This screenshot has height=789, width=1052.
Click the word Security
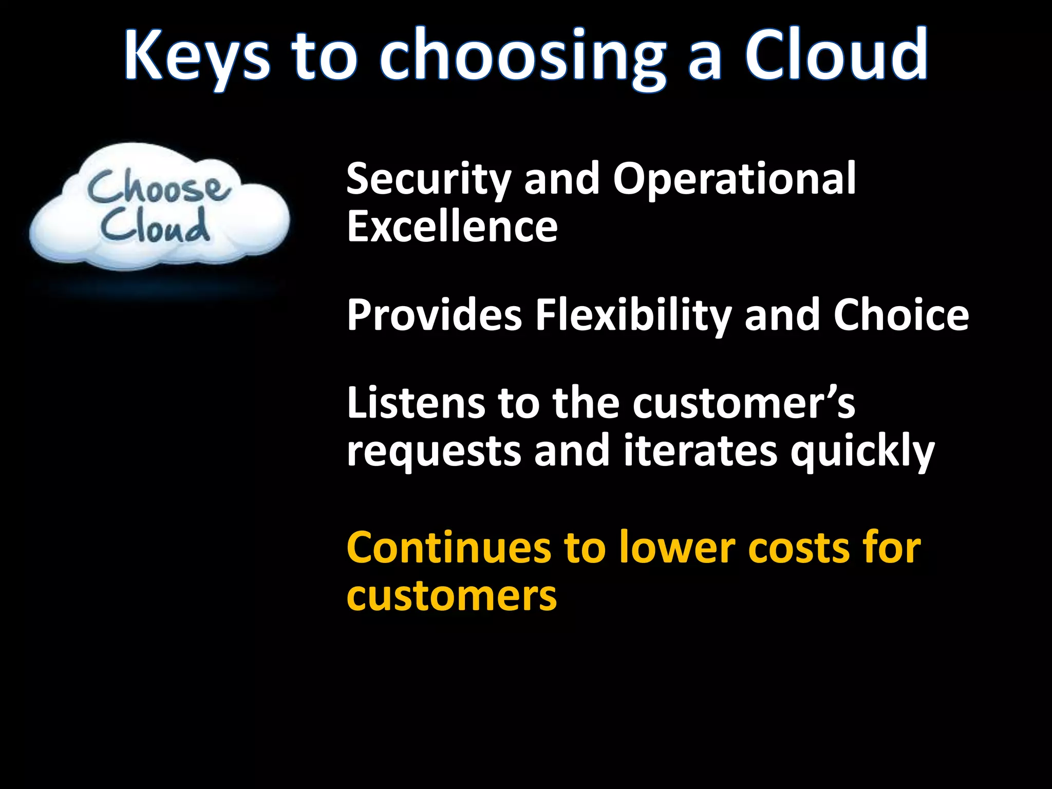point(428,180)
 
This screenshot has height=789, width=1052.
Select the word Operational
point(735,180)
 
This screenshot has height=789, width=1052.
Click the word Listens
point(416,403)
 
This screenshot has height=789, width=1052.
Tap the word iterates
point(701,450)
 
